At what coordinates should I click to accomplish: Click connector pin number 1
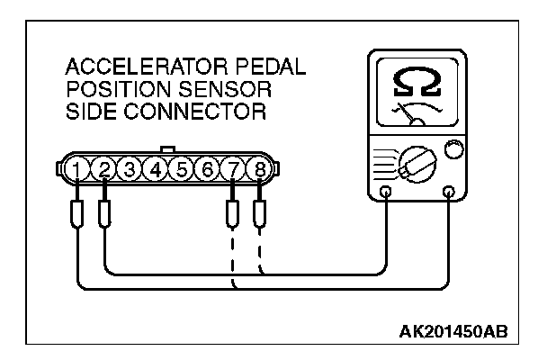79,168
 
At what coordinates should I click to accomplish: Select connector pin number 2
104,168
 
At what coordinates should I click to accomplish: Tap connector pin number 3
130,168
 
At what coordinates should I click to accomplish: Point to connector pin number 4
157,168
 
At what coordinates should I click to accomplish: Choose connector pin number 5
183,168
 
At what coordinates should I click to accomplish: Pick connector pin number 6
208,168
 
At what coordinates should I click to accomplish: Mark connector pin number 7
234,168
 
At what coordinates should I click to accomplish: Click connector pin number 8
260,168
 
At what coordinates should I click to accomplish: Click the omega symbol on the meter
417,83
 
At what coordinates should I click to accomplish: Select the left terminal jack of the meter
387,192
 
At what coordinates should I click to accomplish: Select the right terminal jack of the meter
449,192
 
